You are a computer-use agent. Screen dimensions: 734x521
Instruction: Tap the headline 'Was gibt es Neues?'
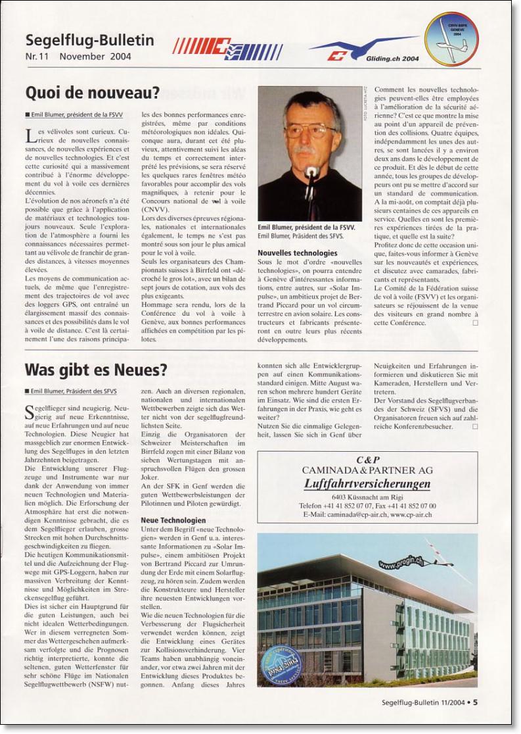(x=96, y=369)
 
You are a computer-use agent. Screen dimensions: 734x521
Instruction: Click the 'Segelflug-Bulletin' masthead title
(x=89, y=40)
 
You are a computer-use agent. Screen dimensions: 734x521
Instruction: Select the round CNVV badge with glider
(x=451, y=39)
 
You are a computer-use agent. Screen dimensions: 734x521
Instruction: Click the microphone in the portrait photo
(x=311, y=172)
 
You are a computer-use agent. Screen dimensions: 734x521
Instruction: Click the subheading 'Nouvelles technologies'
(x=298, y=253)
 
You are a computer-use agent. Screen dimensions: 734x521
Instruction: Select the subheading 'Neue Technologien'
(x=173, y=520)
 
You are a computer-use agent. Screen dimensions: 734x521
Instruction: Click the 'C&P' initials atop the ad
(x=367, y=459)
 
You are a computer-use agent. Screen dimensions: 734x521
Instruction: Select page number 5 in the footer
(x=475, y=702)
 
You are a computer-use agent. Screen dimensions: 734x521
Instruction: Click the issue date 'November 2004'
(x=95, y=57)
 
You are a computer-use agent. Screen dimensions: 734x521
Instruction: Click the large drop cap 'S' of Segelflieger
(x=30, y=413)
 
